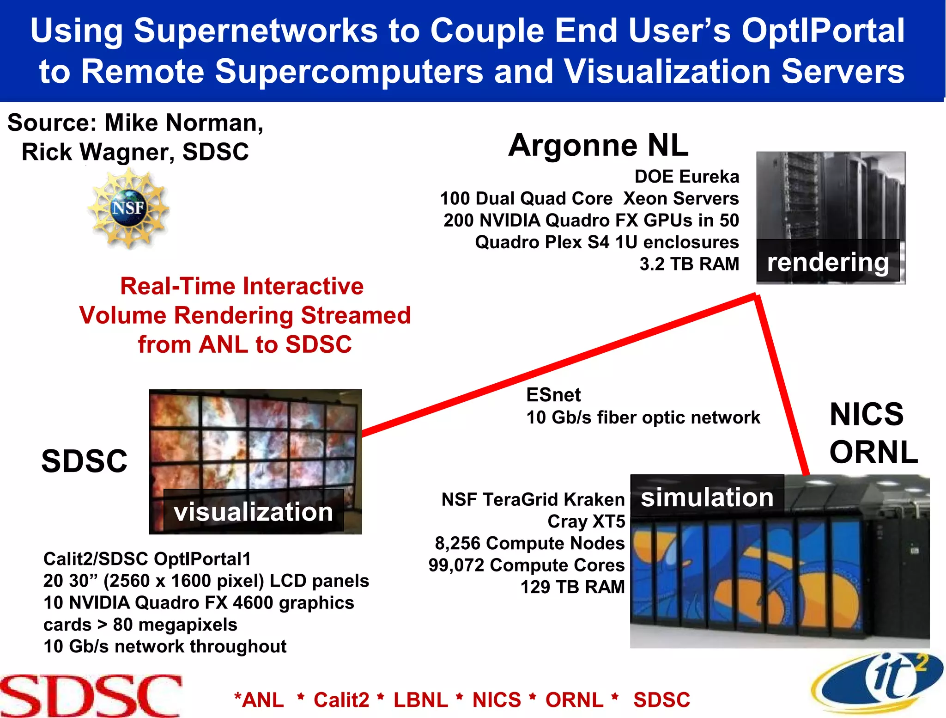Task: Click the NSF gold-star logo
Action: click(129, 208)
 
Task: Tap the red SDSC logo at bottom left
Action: click(91, 696)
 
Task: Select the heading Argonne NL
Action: click(598, 145)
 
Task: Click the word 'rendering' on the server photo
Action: click(828, 262)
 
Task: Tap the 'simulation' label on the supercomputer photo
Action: click(707, 497)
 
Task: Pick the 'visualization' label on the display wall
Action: click(253, 512)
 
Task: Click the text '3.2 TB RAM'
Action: click(689, 264)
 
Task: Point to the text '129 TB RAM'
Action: click(572, 587)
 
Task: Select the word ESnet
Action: click(553, 395)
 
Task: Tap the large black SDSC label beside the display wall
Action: click(84, 461)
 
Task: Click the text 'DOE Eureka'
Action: click(686, 177)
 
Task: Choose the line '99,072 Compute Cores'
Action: click(527, 565)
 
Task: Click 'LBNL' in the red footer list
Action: click(420, 700)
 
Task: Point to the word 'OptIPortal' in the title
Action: click(823, 31)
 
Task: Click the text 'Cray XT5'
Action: click(586, 522)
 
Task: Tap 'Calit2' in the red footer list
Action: click(341, 700)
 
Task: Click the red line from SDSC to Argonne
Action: click(554, 365)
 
